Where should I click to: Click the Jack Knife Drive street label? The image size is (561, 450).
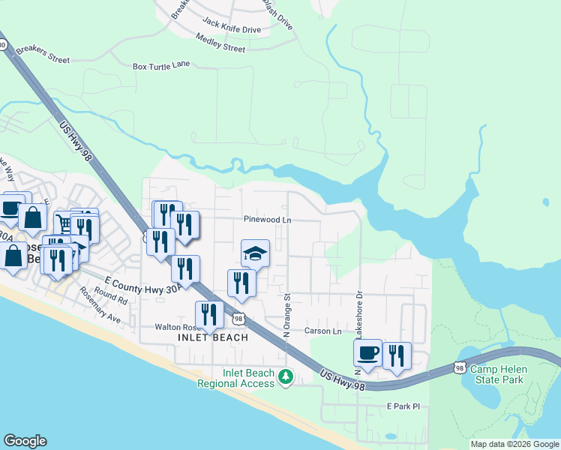point(231,29)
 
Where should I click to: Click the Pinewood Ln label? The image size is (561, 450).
point(267,220)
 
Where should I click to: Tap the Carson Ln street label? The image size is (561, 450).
point(322,331)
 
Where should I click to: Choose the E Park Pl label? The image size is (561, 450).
point(403,406)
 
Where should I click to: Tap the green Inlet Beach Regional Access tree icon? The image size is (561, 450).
point(285,376)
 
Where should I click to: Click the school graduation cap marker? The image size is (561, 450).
point(255,253)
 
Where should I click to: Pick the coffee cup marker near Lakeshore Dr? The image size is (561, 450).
point(367,352)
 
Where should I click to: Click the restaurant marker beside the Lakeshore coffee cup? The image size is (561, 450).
point(397,355)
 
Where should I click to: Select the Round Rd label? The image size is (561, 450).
point(111,296)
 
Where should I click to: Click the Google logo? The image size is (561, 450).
point(25,441)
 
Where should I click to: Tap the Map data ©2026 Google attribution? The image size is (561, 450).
point(514,444)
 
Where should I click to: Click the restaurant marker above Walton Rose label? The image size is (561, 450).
point(209,314)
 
